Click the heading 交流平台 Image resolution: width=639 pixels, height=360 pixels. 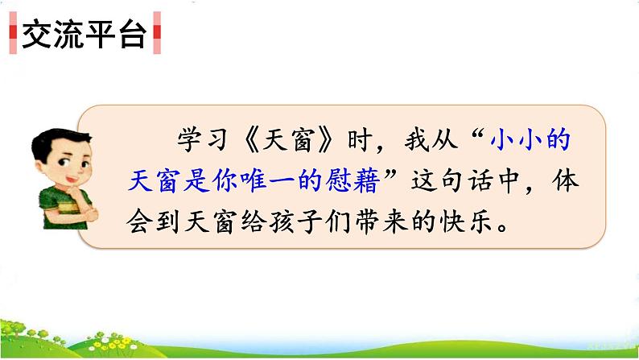[x=84, y=35]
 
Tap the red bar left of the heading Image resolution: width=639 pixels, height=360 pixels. [x=13, y=32]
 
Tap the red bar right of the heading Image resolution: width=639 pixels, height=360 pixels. [x=157, y=32]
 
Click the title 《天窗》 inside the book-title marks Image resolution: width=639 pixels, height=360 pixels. [x=289, y=140]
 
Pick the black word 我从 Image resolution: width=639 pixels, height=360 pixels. [x=431, y=140]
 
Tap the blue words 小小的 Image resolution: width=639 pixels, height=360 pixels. [x=530, y=140]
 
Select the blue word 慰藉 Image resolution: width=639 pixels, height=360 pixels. [x=352, y=180]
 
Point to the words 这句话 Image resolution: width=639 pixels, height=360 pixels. [x=452, y=180]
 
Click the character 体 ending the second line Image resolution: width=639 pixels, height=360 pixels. [x=566, y=180]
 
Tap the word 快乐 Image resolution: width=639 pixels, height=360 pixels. [x=466, y=222]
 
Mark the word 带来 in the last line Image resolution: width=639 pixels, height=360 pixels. [x=381, y=222]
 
